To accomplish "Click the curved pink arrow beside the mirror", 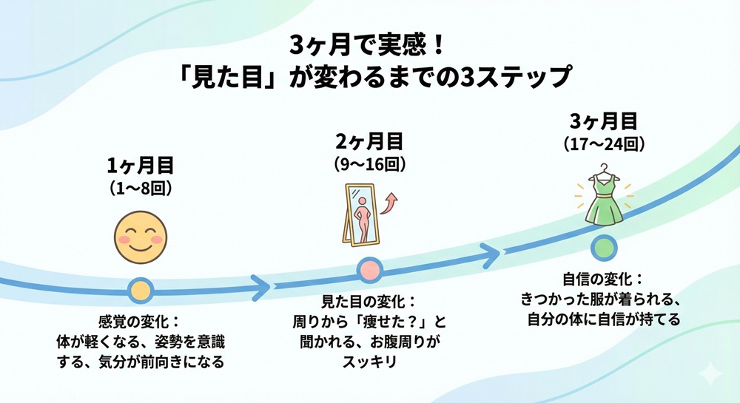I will tap(392, 200).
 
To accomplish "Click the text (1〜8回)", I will tap(141, 188).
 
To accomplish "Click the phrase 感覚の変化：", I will tap(140, 322).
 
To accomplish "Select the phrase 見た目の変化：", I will tap(369, 303).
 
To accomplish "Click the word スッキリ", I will tap(369, 362).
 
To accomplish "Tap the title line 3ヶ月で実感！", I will tap(369, 46).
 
